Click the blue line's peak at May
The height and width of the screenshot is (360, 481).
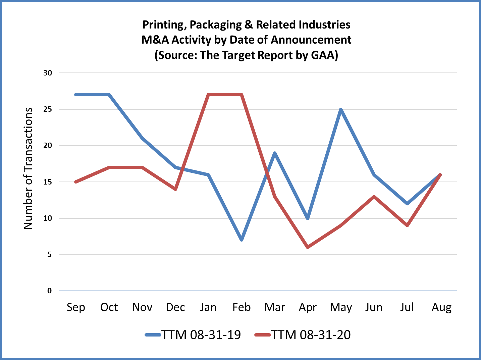pyautogui.click(x=341, y=109)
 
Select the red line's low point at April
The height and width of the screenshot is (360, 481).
pyautogui.click(x=308, y=247)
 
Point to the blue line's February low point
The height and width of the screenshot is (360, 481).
pyautogui.click(x=242, y=240)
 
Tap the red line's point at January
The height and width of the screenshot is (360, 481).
pyautogui.click(x=209, y=95)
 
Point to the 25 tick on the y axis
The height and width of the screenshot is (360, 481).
pyautogui.click(x=48, y=109)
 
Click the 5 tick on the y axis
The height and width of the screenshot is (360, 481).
pyautogui.click(x=50, y=255)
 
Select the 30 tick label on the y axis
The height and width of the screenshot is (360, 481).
pyautogui.click(x=48, y=73)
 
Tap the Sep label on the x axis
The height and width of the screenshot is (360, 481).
pyautogui.click(x=76, y=307)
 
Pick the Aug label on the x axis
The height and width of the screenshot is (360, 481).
pyautogui.click(x=441, y=307)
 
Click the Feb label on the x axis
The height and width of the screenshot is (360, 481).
pyautogui.click(x=242, y=307)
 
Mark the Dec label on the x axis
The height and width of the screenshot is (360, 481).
pyautogui.click(x=175, y=307)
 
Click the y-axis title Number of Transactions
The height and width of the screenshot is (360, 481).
pyautogui.click(x=28, y=168)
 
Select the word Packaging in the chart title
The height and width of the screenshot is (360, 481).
pyautogui.click(x=216, y=25)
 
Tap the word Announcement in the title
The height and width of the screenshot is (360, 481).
pyautogui.click(x=311, y=40)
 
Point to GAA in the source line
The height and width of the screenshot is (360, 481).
pyautogui.click(x=323, y=55)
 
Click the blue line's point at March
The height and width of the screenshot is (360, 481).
pyautogui.click(x=275, y=153)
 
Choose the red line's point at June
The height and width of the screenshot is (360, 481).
pyautogui.click(x=374, y=197)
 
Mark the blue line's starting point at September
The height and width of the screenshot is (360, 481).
pyautogui.click(x=76, y=95)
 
